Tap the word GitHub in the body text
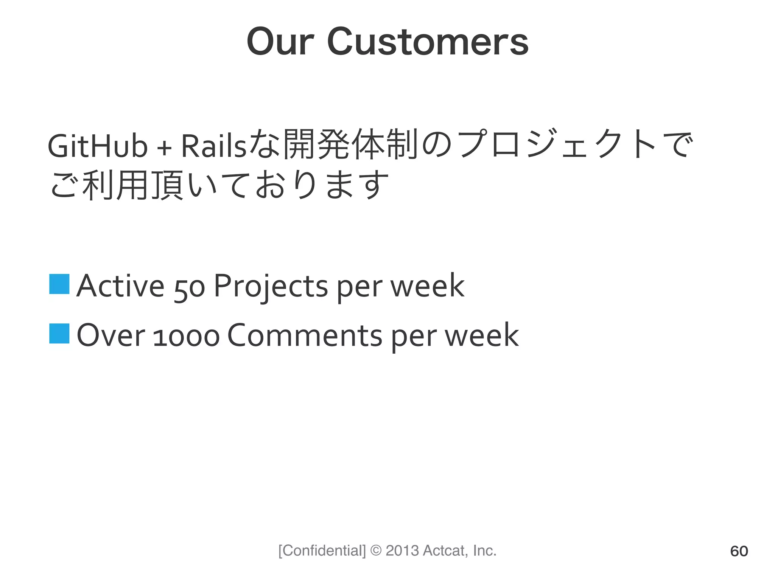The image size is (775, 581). [x=97, y=146]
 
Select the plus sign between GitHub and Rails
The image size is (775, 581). [x=164, y=148]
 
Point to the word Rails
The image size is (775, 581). [x=214, y=146]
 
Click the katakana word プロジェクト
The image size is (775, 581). [x=556, y=144]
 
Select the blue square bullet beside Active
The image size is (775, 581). [x=59, y=284]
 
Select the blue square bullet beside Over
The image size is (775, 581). [x=59, y=334]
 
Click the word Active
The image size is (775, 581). [x=120, y=286]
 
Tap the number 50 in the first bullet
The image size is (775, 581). [x=190, y=288]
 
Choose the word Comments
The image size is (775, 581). [x=305, y=335]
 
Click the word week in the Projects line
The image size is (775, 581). [x=427, y=286]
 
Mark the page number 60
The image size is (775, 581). [x=739, y=551]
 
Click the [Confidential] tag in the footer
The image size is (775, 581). [x=322, y=551]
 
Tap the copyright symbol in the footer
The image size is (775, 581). [x=376, y=551]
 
